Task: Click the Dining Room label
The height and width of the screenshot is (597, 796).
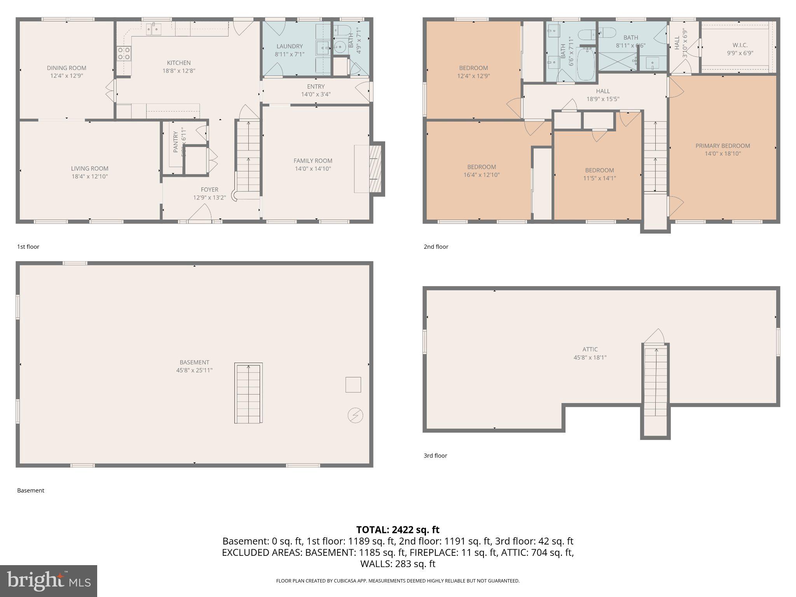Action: tap(66, 68)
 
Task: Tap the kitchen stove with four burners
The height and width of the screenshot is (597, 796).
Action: tap(124, 53)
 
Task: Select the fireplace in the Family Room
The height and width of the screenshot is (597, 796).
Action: tap(375, 169)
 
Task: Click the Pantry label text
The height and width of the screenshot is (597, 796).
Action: tap(175, 141)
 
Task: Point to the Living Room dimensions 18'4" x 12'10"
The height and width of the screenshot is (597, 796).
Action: tap(89, 176)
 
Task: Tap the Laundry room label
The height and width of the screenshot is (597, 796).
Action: tap(290, 46)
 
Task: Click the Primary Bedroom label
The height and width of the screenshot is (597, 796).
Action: tap(723, 146)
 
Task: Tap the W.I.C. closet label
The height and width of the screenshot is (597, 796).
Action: tap(740, 45)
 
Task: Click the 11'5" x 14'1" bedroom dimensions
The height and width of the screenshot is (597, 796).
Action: tap(599, 178)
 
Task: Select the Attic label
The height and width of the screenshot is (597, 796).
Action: tap(590, 349)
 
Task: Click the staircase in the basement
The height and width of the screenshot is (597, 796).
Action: tap(248, 393)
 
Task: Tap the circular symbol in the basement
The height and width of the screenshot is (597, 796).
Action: tap(355, 415)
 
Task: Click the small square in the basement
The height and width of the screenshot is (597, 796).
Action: tap(353, 384)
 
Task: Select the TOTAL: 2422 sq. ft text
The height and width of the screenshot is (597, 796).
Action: tap(398, 530)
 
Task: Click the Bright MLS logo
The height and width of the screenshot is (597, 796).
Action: tap(48, 581)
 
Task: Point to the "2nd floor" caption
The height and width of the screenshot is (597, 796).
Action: tap(436, 247)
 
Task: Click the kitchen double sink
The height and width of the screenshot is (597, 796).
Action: tap(154, 28)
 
